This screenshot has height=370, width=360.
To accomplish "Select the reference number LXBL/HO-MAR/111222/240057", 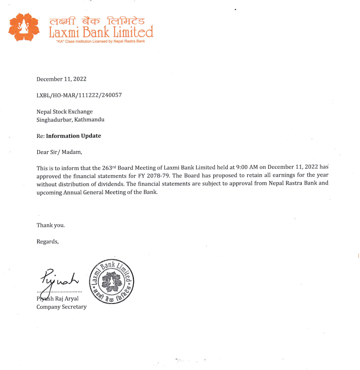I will click(x=79, y=95).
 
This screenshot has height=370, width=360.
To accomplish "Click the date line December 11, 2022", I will click(x=62, y=79).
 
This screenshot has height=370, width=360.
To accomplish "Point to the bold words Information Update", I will click(x=74, y=136).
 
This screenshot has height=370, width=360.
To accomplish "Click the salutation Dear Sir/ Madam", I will click(x=57, y=152).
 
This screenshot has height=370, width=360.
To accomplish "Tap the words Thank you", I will click(x=51, y=225).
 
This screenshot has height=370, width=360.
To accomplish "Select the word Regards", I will click(x=48, y=242).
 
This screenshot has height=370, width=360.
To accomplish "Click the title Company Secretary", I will click(x=62, y=307).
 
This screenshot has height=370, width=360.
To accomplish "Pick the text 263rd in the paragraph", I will click(x=109, y=168).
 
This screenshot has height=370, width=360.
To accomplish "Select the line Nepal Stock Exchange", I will click(x=64, y=111).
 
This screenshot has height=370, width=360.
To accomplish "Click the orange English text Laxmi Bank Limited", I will click(x=101, y=32).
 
